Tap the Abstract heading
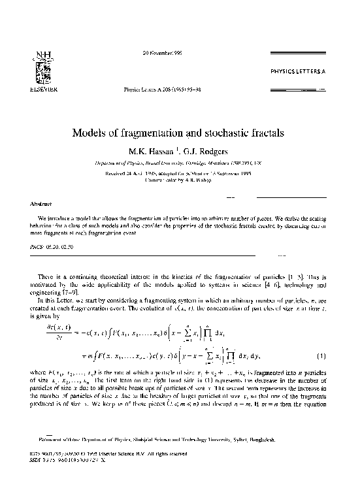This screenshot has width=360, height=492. pyautogui.click(x=33, y=204)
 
